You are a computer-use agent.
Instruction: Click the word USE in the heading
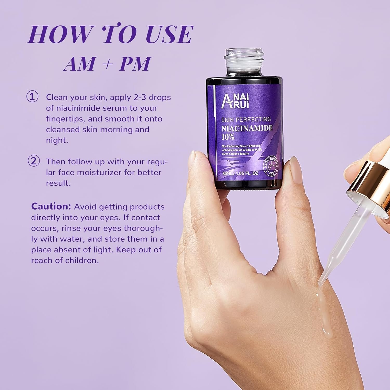click(166, 34)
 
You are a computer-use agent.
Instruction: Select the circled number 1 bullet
click(32, 97)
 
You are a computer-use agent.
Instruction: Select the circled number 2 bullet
click(34, 161)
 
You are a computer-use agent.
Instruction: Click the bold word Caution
click(51, 206)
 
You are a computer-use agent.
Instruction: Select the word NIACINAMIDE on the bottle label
click(247, 128)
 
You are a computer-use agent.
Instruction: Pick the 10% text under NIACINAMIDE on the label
click(228, 136)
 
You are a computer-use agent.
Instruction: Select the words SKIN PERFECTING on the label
click(246, 119)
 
